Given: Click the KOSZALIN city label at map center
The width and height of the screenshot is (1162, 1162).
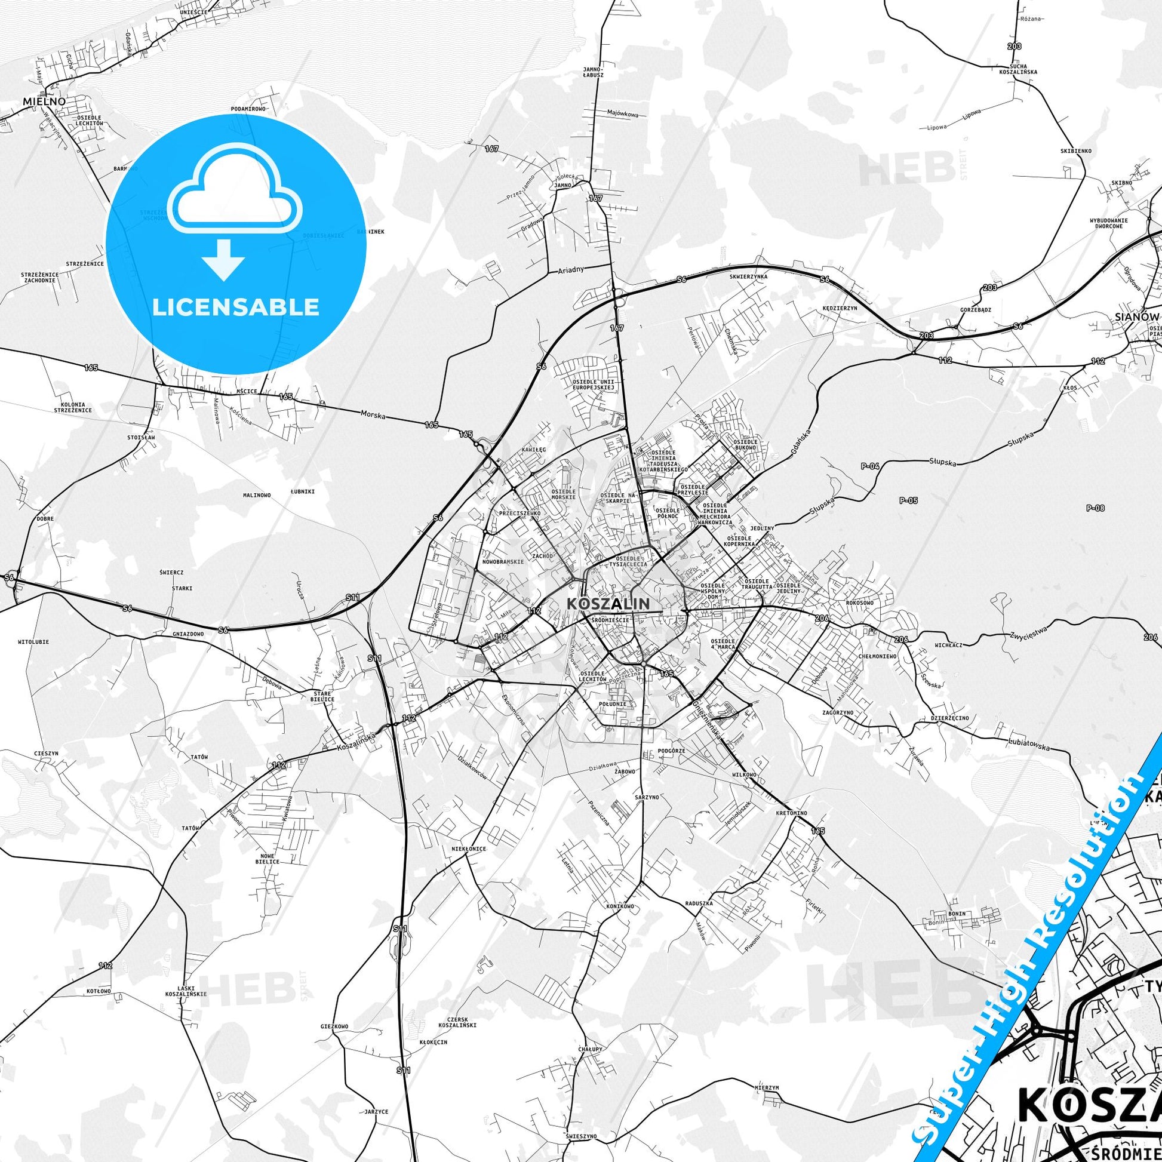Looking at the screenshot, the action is click(x=608, y=603).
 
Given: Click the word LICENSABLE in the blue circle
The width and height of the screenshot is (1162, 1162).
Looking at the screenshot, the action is click(x=236, y=307).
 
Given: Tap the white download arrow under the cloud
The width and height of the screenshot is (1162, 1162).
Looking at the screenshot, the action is click(x=223, y=259).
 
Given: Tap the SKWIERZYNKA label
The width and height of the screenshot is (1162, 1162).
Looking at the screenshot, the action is click(x=748, y=276).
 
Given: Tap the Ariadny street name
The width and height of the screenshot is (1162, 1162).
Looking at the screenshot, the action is click(x=571, y=270).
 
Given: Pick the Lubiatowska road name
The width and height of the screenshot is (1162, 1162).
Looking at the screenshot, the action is click(x=1030, y=743).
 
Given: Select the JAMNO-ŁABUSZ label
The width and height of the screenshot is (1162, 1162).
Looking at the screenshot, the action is click(x=592, y=73).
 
